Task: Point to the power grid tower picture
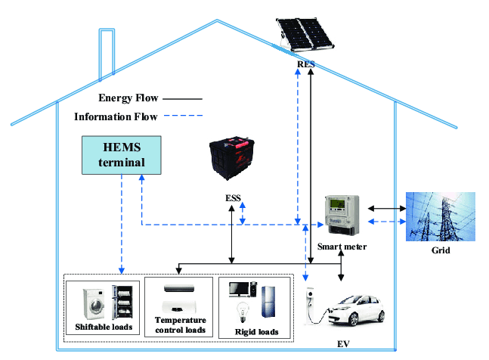pyautogui.click(x=441, y=216)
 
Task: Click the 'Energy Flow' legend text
pyautogui.click(x=128, y=98)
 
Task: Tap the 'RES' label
pyautogui.click(x=305, y=65)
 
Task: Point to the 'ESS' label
pyautogui.click(x=234, y=199)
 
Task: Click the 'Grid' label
pyautogui.click(x=440, y=250)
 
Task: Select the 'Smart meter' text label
pyautogui.click(x=342, y=246)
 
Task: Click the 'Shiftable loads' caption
pyautogui.click(x=104, y=327)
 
